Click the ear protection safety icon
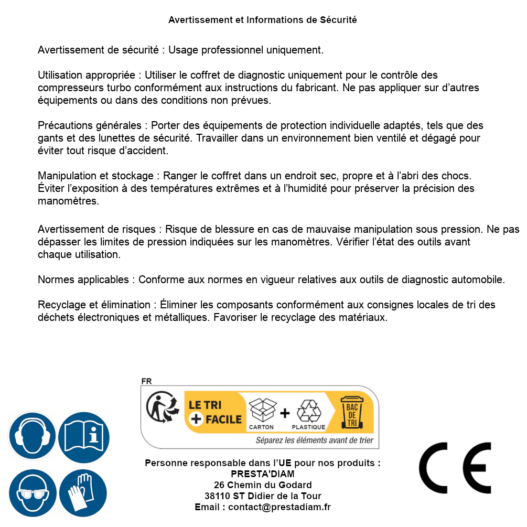(33, 436)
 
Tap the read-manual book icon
(84, 436)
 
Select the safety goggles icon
(33, 493)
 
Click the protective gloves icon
(83, 493)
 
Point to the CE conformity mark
(455, 468)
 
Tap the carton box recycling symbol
(261, 411)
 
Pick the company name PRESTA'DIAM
(263, 474)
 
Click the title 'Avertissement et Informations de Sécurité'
(263, 20)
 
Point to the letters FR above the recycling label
(146, 381)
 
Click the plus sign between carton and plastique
(285, 413)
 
